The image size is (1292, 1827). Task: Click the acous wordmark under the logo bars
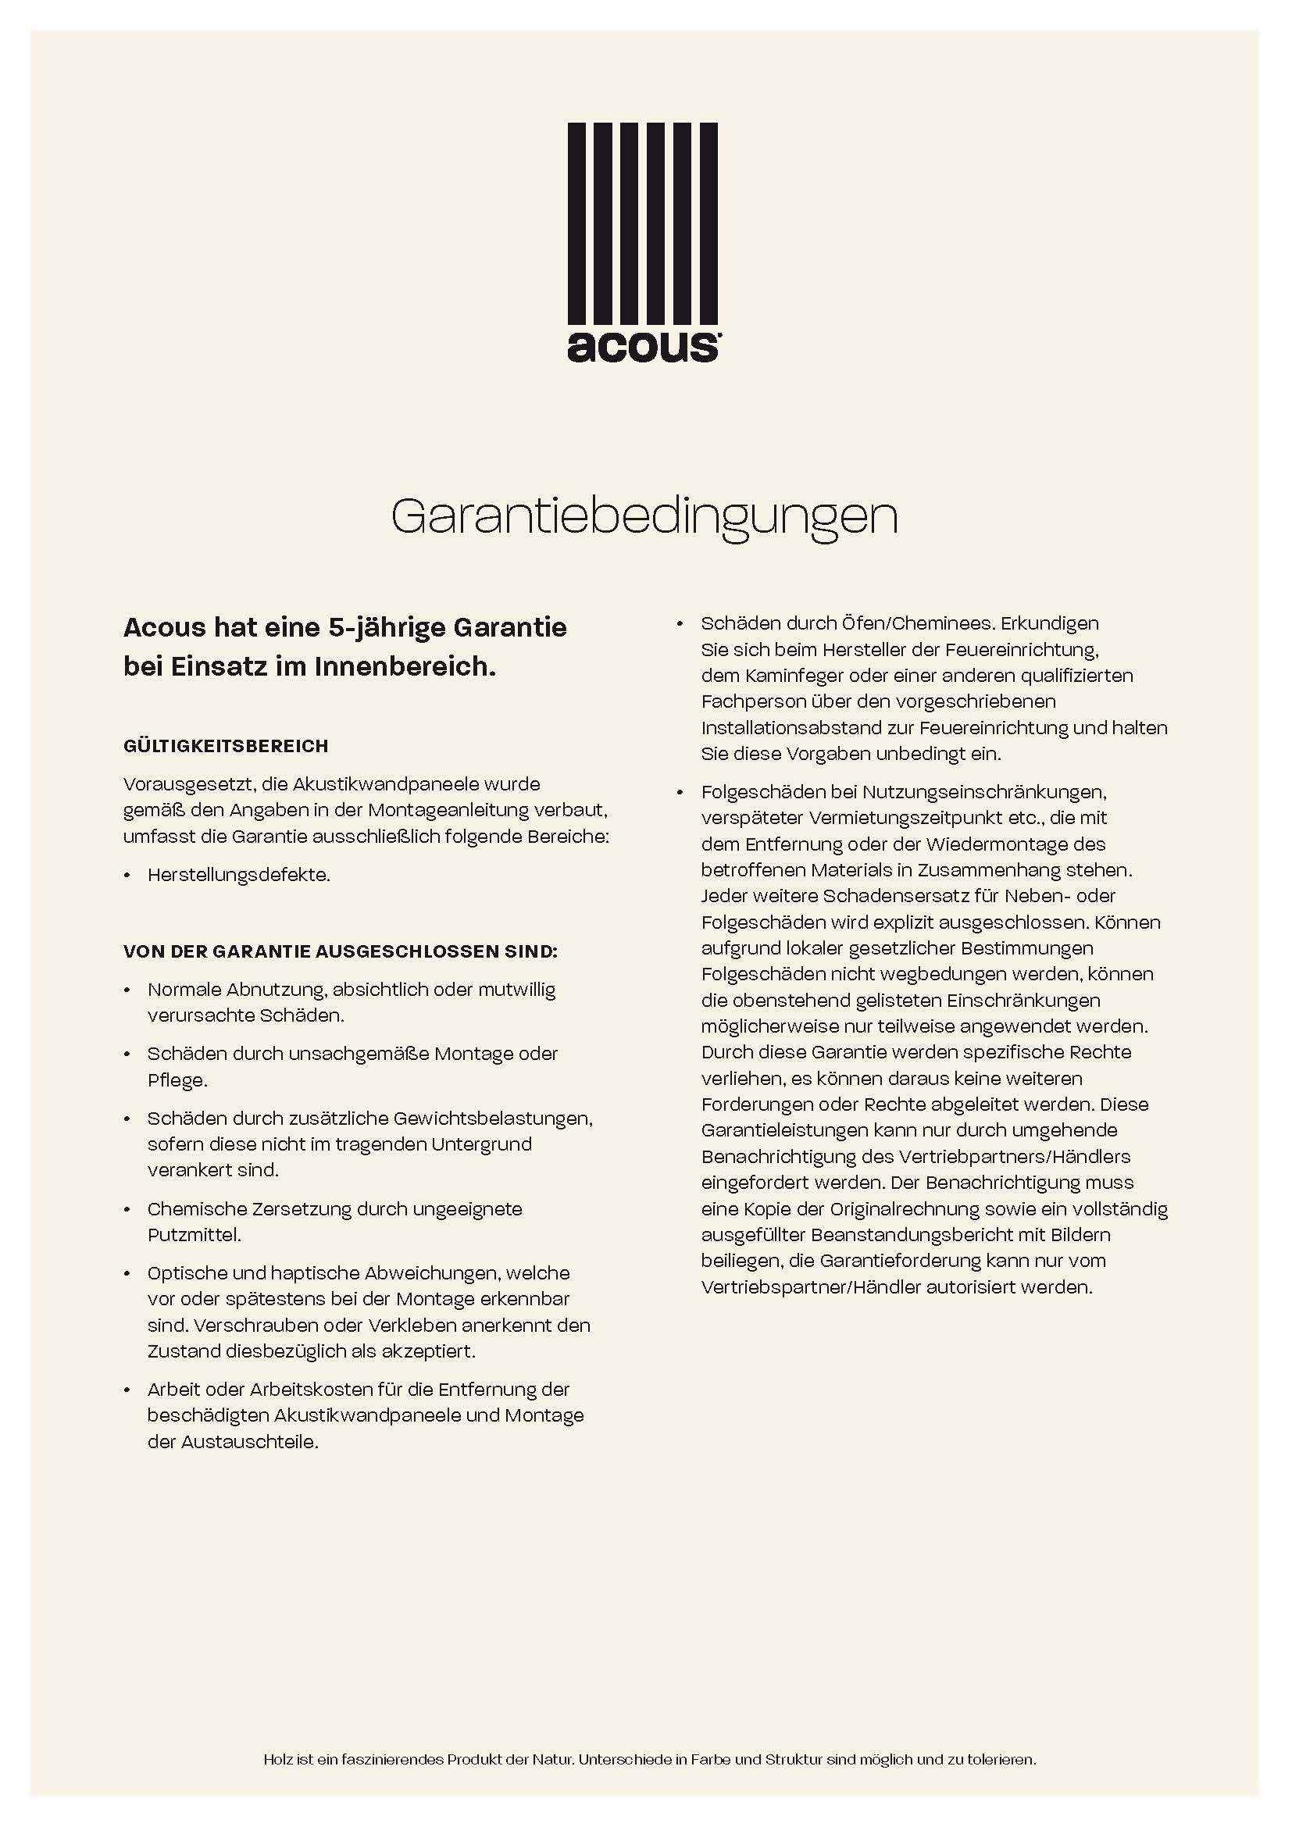click(x=643, y=345)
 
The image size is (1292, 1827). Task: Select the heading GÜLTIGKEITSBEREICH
click(x=226, y=747)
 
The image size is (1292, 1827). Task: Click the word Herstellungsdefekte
click(x=238, y=876)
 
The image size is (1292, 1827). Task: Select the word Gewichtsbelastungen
click(x=481, y=1119)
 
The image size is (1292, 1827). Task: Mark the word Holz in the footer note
click(x=278, y=1759)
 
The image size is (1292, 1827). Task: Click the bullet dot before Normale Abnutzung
click(x=127, y=991)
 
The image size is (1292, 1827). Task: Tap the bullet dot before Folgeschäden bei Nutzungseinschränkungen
click(x=680, y=794)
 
